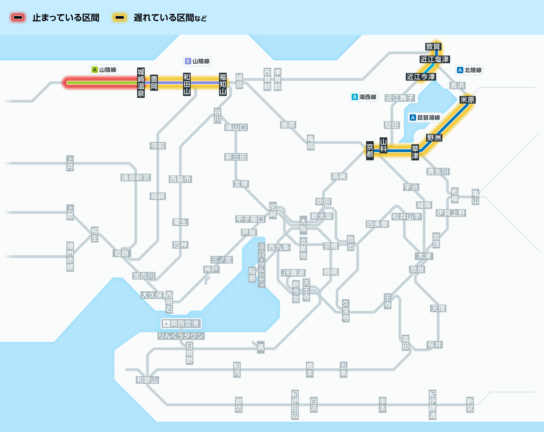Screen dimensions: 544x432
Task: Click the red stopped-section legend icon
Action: tap(18, 18)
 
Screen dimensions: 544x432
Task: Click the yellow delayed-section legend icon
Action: tap(120, 18)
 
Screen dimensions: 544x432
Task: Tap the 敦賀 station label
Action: tap(433, 47)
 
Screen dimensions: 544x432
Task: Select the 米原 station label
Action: tap(467, 100)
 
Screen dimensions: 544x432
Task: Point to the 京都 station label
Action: tap(370, 151)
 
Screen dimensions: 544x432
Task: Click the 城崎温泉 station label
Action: tap(141, 83)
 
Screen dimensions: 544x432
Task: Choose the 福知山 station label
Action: tap(223, 84)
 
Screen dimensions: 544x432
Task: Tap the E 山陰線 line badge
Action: tap(197, 61)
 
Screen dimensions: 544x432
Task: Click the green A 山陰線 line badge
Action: tap(104, 70)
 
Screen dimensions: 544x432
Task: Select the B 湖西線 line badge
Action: tap(364, 97)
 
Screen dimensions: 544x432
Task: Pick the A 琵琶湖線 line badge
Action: tap(425, 118)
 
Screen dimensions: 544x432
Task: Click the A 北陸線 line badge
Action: tap(469, 70)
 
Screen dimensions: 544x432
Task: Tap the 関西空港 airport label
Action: tap(181, 323)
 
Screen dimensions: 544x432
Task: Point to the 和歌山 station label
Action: tap(147, 380)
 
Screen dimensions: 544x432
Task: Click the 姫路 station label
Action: tap(122, 254)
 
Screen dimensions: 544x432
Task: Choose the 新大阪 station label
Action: tap(322, 216)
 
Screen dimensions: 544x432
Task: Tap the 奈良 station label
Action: tap(417, 270)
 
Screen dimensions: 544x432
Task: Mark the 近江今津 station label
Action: tap(421, 77)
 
